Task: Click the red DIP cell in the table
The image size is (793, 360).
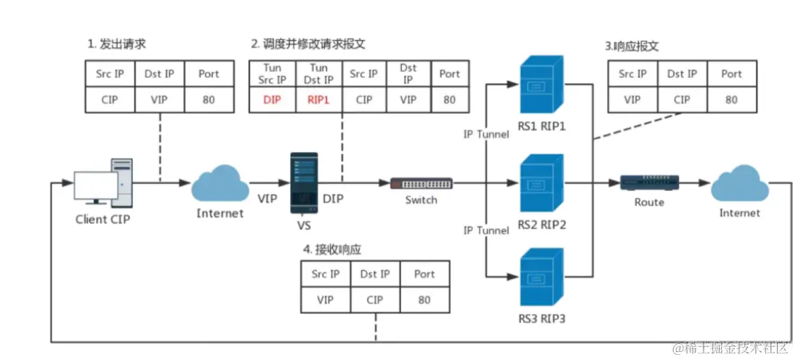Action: tap(271, 100)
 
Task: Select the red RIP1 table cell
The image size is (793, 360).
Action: tap(319, 100)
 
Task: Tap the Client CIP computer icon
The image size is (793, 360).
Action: tap(101, 182)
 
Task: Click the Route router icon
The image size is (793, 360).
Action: tap(649, 183)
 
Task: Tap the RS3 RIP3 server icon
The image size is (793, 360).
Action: tap(542, 279)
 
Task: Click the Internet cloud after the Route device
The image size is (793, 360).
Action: tap(739, 185)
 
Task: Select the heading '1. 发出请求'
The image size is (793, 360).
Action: tap(116, 44)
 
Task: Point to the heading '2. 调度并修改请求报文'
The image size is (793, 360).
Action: tap(308, 44)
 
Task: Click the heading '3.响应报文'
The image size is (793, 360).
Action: tap(632, 46)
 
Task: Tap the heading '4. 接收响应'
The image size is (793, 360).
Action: tap(332, 249)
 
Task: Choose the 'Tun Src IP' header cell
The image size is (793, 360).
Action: tap(271, 73)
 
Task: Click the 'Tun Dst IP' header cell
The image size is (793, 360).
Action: tap(319, 73)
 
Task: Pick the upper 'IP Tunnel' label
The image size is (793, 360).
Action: tap(486, 135)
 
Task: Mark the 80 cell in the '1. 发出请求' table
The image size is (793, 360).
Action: tap(209, 100)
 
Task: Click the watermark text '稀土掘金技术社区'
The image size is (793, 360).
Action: tap(733, 349)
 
